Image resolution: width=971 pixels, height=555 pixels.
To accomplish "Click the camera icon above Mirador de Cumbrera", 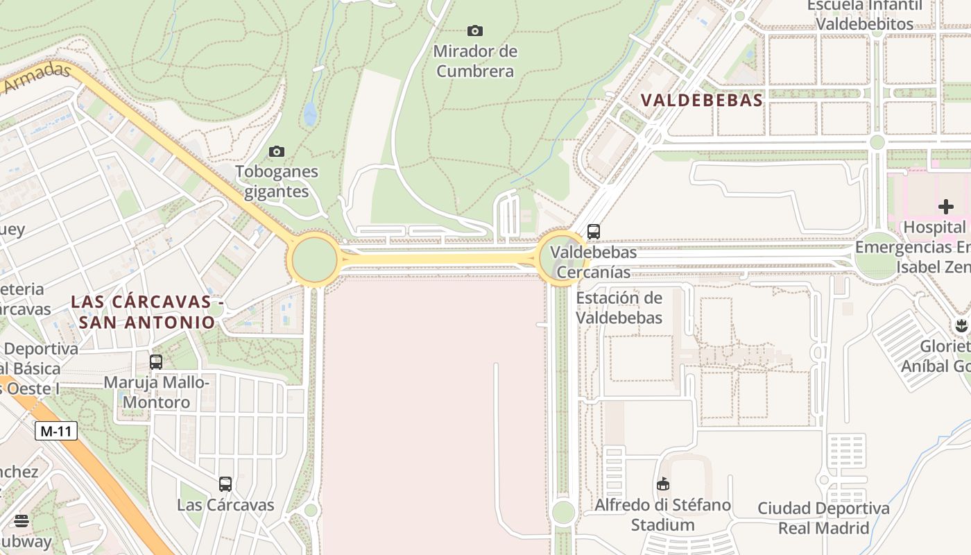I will pyautogui.click(x=474, y=31).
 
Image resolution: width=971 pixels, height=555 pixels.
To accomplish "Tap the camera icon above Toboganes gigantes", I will pyautogui.click(x=276, y=151).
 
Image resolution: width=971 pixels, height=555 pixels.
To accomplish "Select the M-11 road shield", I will pyautogui.click(x=55, y=431).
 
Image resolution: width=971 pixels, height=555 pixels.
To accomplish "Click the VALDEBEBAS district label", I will pyautogui.click(x=702, y=100).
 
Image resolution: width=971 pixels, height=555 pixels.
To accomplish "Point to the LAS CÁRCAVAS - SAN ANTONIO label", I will pyautogui.click(x=146, y=312).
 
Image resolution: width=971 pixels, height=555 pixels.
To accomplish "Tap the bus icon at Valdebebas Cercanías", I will pyautogui.click(x=593, y=232).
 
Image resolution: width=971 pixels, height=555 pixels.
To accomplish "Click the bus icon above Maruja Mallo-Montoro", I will pyautogui.click(x=156, y=361).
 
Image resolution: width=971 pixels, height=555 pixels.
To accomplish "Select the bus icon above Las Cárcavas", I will pyautogui.click(x=225, y=484).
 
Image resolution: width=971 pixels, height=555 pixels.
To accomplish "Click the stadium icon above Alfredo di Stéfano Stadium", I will pyautogui.click(x=663, y=484).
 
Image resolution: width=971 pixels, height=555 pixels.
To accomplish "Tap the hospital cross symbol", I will pyautogui.click(x=946, y=206).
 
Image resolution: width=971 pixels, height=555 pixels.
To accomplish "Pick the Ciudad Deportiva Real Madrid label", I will pyautogui.click(x=823, y=518).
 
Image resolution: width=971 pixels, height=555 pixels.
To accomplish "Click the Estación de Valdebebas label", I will pyautogui.click(x=619, y=308).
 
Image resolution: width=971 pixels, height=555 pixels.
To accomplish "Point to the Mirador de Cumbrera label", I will pyautogui.click(x=476, y=61).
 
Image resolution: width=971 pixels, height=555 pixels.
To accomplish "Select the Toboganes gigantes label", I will pyautogui.click(x=277, y=182).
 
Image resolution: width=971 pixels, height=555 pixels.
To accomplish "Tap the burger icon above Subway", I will pyautogui.click(x=22, y=521).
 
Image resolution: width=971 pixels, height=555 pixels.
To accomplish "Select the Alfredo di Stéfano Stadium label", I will pyautogui.click(x=662, y=515).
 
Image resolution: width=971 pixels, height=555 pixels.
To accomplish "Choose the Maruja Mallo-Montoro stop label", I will pyautogui.click(x=156, y=392).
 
